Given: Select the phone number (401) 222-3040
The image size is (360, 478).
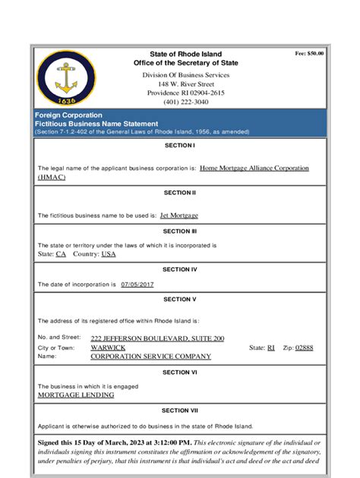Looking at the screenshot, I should tap(180, 102).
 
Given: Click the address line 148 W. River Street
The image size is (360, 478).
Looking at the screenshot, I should tap(180, 83).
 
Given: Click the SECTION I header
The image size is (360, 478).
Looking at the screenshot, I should tap(180, 144).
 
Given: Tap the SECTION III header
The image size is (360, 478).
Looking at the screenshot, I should tap(180, 231).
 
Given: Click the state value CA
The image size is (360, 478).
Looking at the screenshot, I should tap(61, 254).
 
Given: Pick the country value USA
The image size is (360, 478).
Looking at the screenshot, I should tap(109, 254).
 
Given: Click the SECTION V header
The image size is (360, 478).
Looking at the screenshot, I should tap(180, 299).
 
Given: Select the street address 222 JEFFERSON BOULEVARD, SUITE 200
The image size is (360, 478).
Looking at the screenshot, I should tap(157, 338).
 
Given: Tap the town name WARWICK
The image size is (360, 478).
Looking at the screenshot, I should tap(109, 347).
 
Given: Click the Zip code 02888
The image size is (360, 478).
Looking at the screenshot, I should tap(303, 347).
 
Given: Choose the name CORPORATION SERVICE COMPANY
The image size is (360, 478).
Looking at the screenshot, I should tap(150, 357).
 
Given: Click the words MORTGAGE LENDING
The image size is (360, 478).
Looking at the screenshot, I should tap(76, 395).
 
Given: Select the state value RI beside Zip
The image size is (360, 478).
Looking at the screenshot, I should tap(270, 347).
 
